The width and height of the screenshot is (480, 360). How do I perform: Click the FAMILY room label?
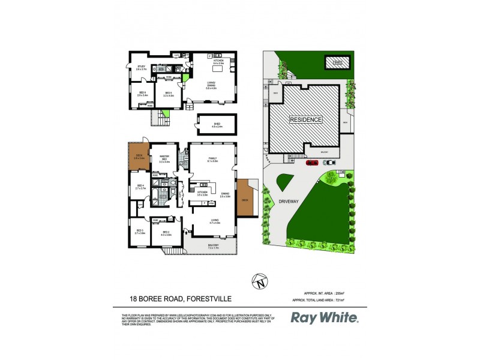213,160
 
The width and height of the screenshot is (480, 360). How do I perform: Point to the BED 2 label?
165,233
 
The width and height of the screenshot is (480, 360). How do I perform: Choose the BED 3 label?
140,232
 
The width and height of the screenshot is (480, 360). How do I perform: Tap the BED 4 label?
140,187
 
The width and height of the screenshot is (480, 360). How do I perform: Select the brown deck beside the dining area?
244,197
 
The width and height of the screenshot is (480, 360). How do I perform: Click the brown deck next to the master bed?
138,158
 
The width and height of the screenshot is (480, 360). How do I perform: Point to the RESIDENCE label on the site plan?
306,119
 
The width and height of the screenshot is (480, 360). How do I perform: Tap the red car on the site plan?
311,162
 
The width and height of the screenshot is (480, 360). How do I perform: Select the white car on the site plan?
330,162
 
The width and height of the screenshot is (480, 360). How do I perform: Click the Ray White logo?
325,317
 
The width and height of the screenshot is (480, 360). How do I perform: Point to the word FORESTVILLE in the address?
214,297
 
